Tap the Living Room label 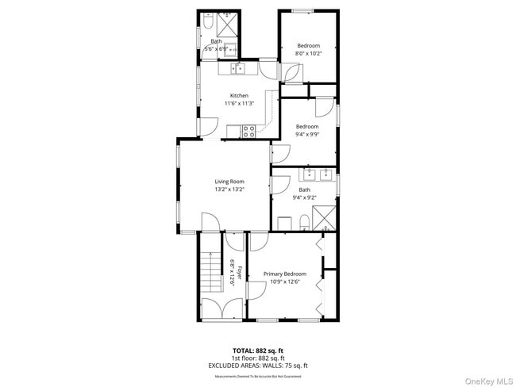pyautogui.click(x=229, y=182)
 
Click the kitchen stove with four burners pyautogui.click(x=248, y=131)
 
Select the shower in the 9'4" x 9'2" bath pyautogui.click(x=324, y=216)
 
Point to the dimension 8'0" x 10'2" pyautogui.click(x=307, y=54)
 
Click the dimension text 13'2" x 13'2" pyautogui.click(x=229, y=190)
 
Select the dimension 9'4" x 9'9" pyautogui.click(x=307, y=134)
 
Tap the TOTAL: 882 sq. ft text pyautogui.click(x=257, y=350)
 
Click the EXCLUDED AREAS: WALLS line pyautogui.click(x=257, y=365)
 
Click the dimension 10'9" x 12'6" pyautogui.click(x=284, y=282)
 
